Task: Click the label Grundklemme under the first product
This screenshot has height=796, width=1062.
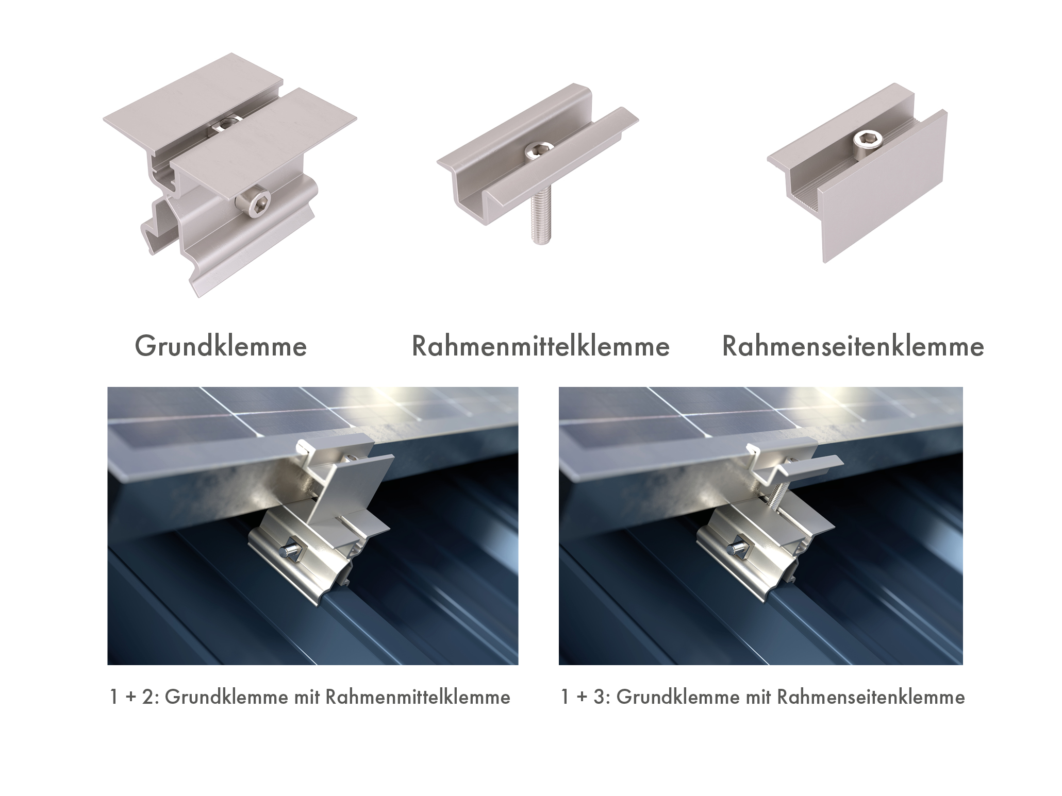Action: click(x=221, y=346)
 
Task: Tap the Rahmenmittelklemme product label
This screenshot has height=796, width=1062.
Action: click(x=541, y=346)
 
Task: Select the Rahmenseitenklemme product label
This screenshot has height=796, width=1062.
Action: click(x=853, y=346)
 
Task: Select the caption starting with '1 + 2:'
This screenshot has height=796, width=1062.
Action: click(x=310, y=698)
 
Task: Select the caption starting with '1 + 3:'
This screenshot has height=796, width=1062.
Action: click(x=762, y=698)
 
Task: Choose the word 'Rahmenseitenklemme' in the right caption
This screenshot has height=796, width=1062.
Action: click(x=871, y=698)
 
